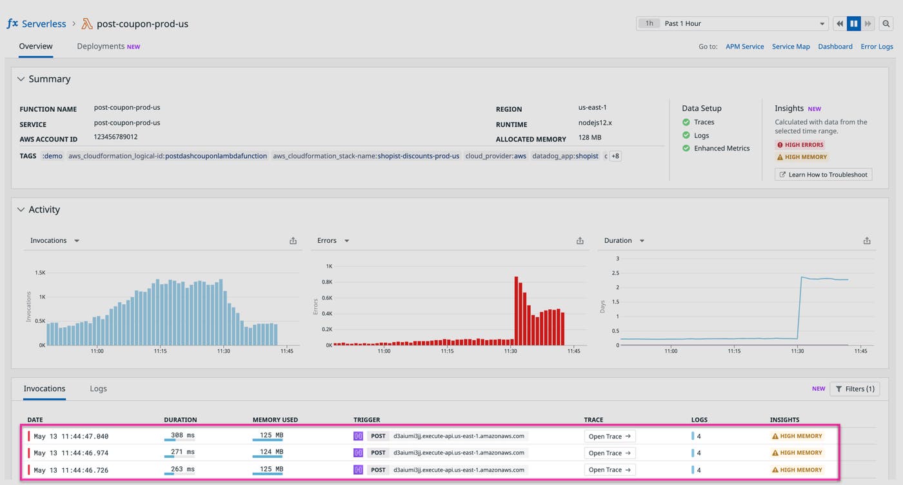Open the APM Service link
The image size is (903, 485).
[x=744, y=46]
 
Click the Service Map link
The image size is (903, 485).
[x=791, y=46]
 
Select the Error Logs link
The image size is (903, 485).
[x=877, y=46]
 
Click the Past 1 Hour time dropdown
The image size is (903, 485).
[x=732, y=24]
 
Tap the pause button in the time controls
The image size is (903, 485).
[x=853, y=24]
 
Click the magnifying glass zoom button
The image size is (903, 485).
[x=887, y=24]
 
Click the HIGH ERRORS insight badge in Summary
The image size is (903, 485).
[x=800, y=145]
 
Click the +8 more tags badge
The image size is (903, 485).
[x=615, y=156]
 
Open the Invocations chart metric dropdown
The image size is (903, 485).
[x=77, y=241]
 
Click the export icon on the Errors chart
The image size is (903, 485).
[x=580, y=241]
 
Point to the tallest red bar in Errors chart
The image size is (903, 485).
[x=516, y=311]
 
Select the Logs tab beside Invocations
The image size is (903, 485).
[x=98, y=389]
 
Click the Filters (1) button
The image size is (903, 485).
[x=855, y=389]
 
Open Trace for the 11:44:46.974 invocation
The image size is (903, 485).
[x=609, y=453]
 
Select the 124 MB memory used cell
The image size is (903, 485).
[x=271, y=453]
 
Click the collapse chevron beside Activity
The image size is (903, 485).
[x=21, y=210]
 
